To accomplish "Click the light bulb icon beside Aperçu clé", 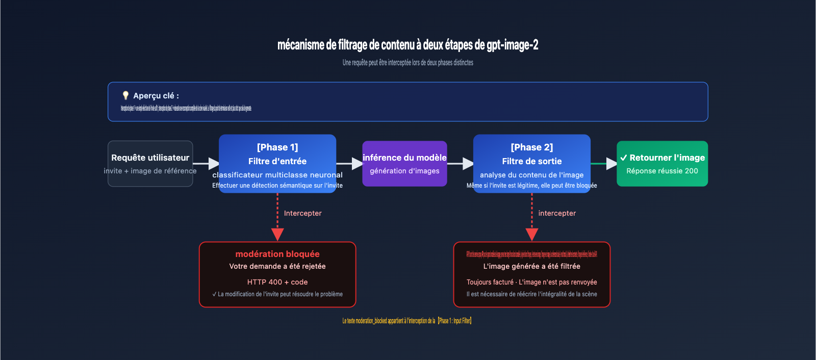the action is click(x=125, y=95).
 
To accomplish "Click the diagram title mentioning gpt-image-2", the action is click(x=407, y=45).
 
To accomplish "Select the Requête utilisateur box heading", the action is click(x=150, y=158).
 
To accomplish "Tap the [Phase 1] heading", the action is click(x=277, y=147).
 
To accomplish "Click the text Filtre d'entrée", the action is click(x=277, y=161).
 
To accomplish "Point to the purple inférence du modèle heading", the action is click(x=404, y=158).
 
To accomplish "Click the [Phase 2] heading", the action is click(x=531, y=147).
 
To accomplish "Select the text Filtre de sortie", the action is click(x=531, y=161).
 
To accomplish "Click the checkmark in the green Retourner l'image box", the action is click(x=623, y=158).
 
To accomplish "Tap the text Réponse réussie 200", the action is click(x=662, y=171).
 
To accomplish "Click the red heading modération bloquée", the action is click(x=277, y=254).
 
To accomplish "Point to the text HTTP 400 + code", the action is click(x=277, y=282).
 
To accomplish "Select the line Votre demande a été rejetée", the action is click(x=277, y=266).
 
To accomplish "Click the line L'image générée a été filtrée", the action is click(x=531, y=266).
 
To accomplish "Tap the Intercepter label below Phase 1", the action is click(x=302, y=213).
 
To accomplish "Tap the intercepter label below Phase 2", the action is click(x=557, y=213).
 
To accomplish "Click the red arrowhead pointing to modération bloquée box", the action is click(x=277, y=235).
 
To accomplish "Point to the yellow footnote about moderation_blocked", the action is click(x=407, y=321).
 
